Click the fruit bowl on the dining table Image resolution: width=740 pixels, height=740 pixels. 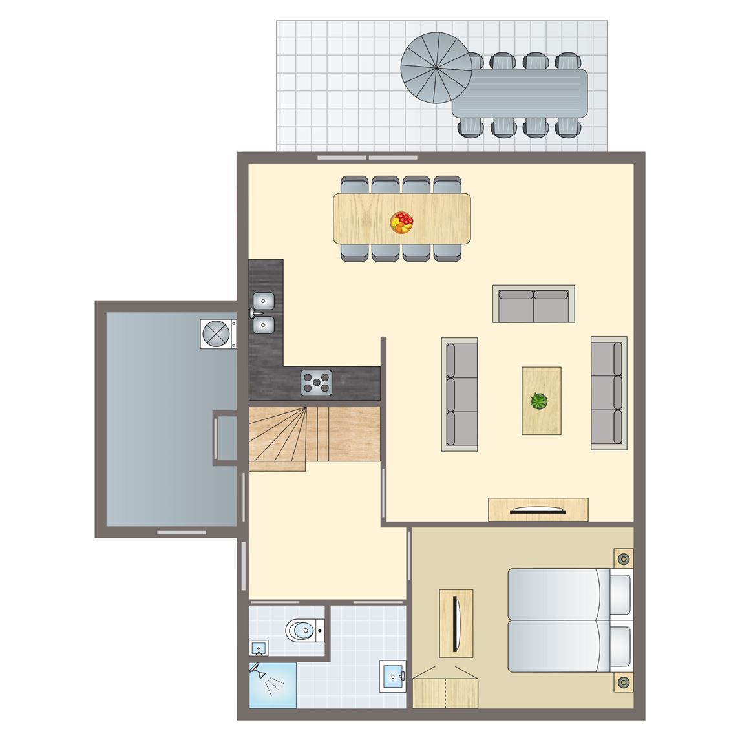[x=401, y=222]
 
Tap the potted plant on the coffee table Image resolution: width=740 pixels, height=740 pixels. [x=539, y=401]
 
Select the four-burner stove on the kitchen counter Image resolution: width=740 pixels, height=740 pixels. [x=316, y=382]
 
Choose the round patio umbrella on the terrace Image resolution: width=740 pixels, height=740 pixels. [x=436, y=67]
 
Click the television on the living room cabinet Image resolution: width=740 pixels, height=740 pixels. [x=538, y=511]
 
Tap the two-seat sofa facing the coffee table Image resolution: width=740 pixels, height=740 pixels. [x=533, y=304]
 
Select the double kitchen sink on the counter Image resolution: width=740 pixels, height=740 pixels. [x=264, y=313]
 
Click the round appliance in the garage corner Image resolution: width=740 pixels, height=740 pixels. [x=217, y=334]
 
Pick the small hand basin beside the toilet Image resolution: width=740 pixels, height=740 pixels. [x=258, y=648]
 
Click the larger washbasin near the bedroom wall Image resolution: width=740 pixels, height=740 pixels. [x=392, y=676]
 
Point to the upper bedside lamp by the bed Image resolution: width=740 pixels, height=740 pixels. [x=623, y=558]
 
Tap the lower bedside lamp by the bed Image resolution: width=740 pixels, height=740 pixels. [x=623, y=682]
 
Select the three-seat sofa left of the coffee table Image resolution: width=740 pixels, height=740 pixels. [x=460, y=394]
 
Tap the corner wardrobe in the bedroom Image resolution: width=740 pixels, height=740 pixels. [x=445, y=689]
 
